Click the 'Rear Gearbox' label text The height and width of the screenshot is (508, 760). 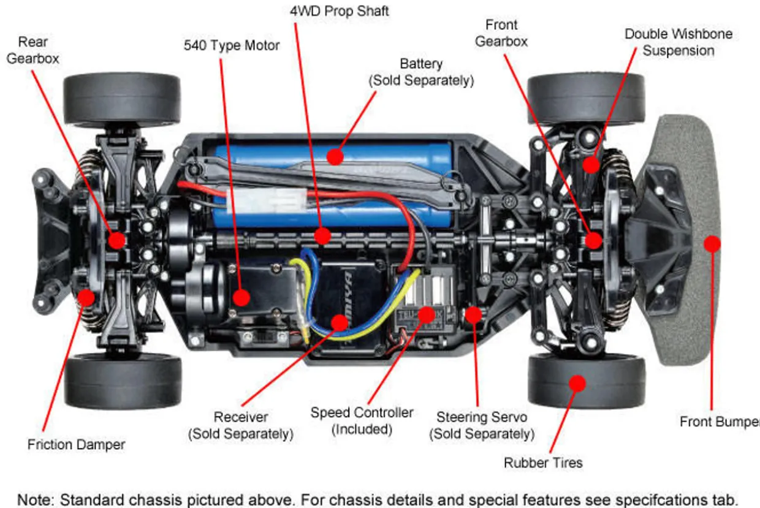click(33, 51)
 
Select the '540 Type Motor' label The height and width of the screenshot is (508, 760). click(232, 45)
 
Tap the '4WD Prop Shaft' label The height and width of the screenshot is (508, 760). click(339, 11)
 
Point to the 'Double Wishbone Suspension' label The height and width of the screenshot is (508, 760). click(678, 42)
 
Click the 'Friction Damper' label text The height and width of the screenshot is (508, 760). click(76, 444)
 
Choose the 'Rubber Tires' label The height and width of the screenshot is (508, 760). click(543, 463)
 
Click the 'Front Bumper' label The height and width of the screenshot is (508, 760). click(719, 422)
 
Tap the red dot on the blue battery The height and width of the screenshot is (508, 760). click(334, 157)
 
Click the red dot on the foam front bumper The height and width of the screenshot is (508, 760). click(711, 243)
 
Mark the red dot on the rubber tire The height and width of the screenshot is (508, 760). click(577, 383)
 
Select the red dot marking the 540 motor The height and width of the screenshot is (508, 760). click(241, 298)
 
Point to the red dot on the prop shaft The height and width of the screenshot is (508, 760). click(323, 235)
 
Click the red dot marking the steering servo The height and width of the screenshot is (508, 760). click(473, 314)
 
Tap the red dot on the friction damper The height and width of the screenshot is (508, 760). click(86, 297)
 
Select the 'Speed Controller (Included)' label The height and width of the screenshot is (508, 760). click(362, 420)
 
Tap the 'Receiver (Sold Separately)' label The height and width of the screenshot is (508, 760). click(241, 425)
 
